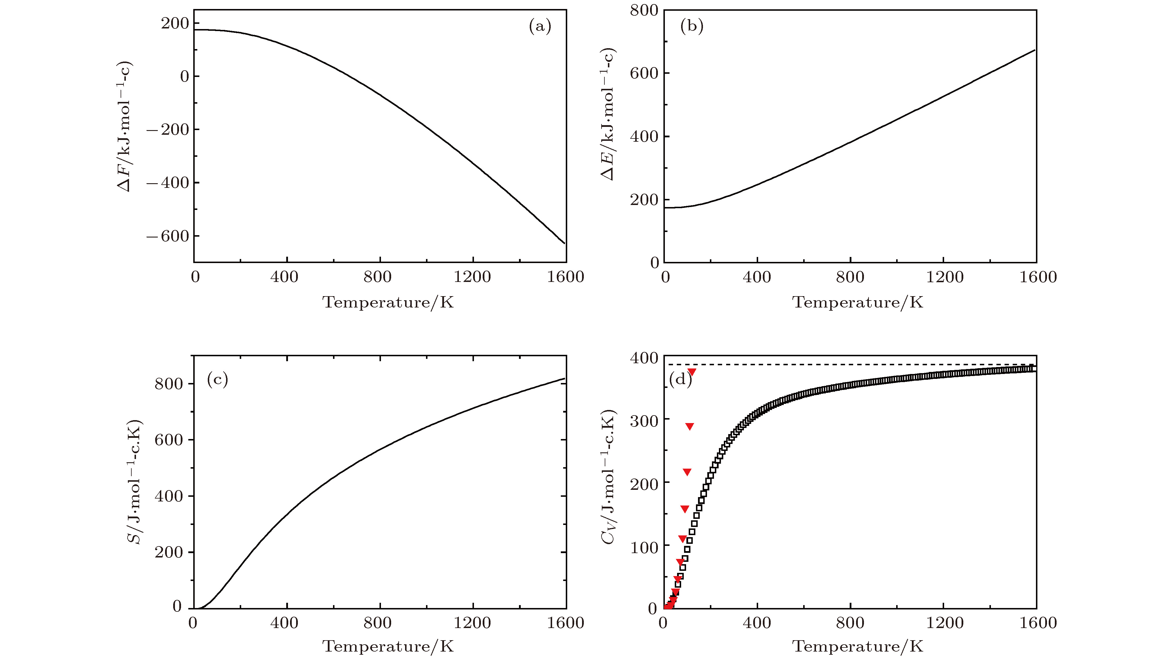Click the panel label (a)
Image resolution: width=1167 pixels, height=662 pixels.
[540, 26]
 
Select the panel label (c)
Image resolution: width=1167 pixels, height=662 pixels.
[217, 379]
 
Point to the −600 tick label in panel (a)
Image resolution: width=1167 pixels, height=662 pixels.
[167, 236]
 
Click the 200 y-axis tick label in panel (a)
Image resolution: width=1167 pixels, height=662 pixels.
[174, 23]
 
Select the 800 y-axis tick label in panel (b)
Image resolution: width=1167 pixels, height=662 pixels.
[644, 10]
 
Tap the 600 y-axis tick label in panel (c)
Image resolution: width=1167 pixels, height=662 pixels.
[168, 440]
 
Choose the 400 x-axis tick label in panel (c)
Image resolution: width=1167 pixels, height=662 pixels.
[284, 623]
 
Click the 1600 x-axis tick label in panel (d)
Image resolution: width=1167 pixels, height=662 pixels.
[1038, 623]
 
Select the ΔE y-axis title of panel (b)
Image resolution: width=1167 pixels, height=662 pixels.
[607, 114]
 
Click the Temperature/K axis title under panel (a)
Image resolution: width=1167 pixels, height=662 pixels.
[388, 302]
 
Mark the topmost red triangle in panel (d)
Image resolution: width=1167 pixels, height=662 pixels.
[692, 372]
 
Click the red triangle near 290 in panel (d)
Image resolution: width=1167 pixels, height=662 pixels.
[690, 427]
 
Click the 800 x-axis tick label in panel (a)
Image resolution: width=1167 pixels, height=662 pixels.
[377, 277]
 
